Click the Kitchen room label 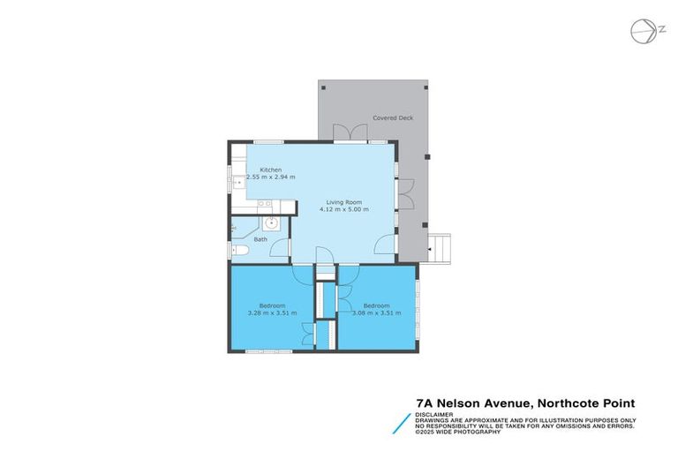(270, 169)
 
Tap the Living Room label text (343, 202)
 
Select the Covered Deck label (393, 117)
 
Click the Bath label (260, 239)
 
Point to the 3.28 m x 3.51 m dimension (272, 313)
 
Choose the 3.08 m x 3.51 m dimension (376, 313)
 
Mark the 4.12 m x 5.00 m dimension (343, 209)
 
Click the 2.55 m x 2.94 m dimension (270, 177)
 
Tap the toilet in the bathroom (239, 251)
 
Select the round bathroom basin (272, 222)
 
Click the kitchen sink (237, 183)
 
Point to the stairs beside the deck (440, 248)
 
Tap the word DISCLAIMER (435, 414)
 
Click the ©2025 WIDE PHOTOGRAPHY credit (458, 433)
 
